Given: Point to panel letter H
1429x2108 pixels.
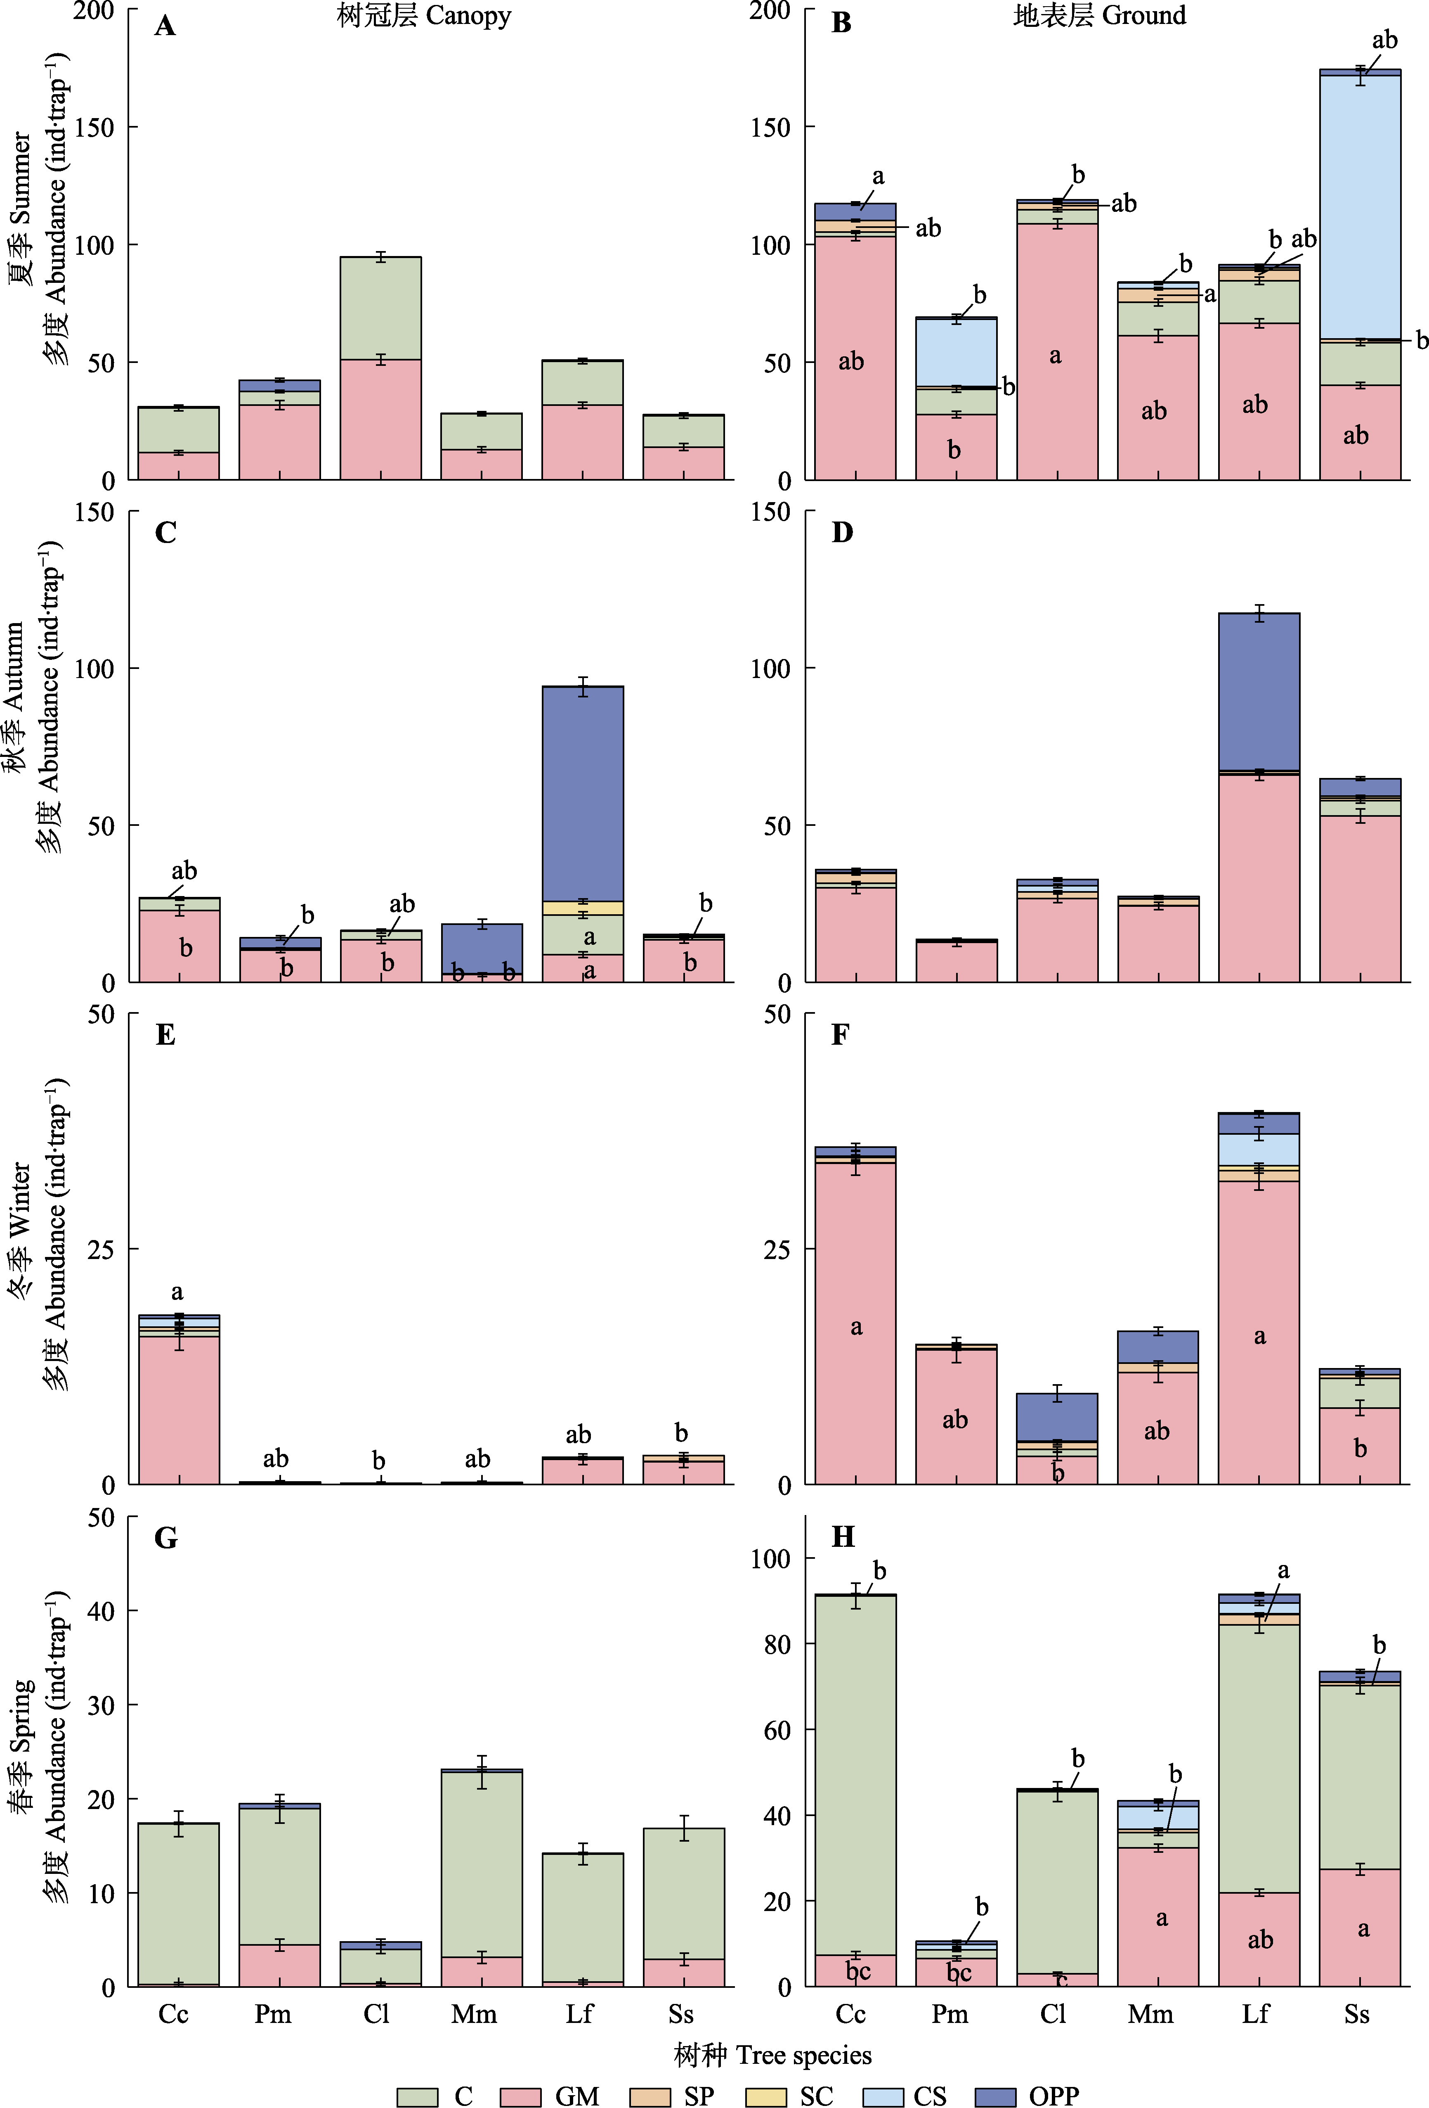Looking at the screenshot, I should (842, 1537).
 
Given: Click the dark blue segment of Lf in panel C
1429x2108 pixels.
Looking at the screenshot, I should (582, 794).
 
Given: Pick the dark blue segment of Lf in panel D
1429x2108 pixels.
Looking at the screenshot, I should (1259, 691).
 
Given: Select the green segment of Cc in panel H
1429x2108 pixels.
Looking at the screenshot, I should (855, 1778).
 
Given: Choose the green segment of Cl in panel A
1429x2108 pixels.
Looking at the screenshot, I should (380, 308).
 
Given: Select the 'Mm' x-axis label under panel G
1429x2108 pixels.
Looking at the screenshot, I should (474, 2015).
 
